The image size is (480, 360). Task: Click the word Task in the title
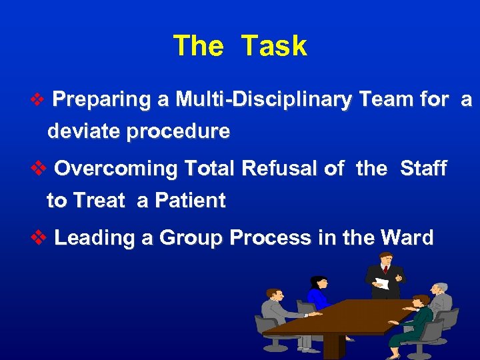(274, 47)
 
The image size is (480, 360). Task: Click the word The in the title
(198, 47)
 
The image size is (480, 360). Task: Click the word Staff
(423, 169)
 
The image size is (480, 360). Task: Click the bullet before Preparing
(37, 101)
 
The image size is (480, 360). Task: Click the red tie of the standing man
(385, 270)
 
